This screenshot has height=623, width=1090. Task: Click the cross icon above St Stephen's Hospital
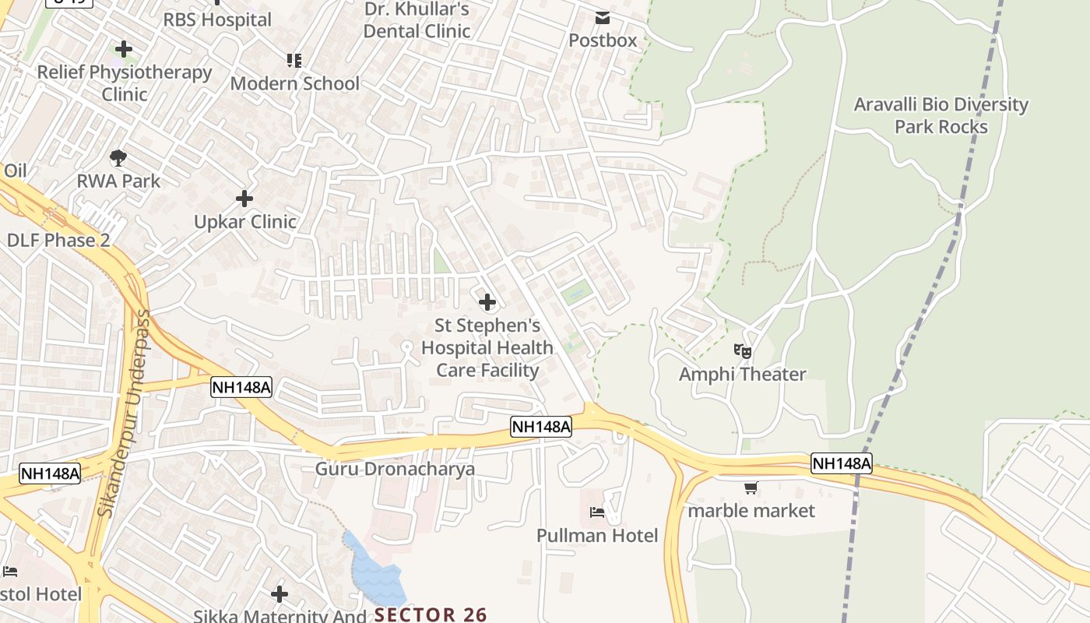click(487, 302)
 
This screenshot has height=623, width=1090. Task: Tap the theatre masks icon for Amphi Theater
click(743, 352)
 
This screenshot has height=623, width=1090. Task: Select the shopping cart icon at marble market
click(751, 488)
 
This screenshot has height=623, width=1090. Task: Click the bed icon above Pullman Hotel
click(597, 512)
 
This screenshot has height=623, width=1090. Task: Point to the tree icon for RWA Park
click(118, 159)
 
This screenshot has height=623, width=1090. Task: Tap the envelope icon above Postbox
click(603, 18)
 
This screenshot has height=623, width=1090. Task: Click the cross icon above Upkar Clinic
click(244, 199)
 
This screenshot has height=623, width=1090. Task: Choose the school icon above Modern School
click(294, 60)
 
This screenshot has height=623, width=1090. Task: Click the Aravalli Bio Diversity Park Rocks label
click(941, 115)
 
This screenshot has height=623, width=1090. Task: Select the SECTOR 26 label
click(431, 614)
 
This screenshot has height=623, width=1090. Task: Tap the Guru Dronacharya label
click(395, 470)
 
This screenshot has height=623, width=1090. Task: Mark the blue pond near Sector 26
click(376, 572)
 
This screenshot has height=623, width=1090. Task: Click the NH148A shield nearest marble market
click(841, 463)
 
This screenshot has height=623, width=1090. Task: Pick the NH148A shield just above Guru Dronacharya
click(541, 426)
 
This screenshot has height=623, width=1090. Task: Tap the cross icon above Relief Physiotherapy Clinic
click(124, 50)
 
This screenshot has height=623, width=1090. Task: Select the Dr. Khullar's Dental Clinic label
click(417, 20)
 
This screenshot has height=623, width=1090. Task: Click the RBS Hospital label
click(217, 19)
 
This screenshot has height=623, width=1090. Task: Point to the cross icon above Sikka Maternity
click(280, 595)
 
